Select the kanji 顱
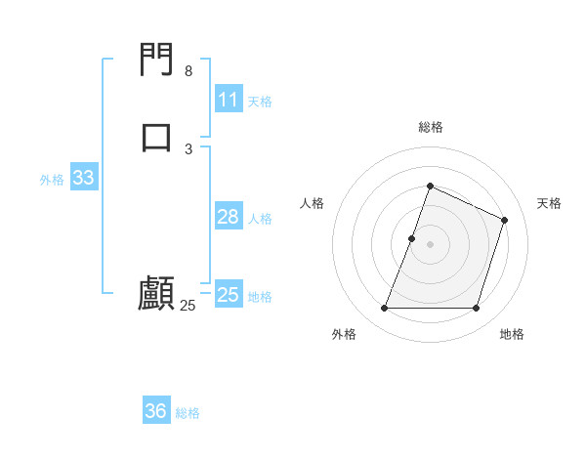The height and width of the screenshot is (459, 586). click(156, 293)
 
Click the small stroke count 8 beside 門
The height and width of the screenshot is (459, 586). click(188, 71)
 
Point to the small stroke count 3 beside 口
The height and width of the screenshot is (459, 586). click(188, 148)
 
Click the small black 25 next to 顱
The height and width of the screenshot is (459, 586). click(188, 306)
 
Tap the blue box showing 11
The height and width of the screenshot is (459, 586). click(228, 100)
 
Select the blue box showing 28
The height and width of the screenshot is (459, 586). click(228, 217)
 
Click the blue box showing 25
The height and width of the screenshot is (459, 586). click(229, 294)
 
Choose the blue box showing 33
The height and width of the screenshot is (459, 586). click(83, 178)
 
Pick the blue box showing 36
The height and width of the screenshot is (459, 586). click(155, 411)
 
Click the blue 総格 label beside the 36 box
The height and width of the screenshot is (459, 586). click(188, 413)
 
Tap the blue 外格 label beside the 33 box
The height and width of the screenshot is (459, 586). click(52, 180)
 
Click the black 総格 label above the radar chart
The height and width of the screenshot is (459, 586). click(430, 127)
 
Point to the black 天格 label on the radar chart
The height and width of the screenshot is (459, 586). click(549, 203)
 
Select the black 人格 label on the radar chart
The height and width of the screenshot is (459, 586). click(312, 203)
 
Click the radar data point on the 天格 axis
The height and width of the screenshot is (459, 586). click(505, 220)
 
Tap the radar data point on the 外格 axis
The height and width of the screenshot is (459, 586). click(384, 309)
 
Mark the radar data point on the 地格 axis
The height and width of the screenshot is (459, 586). click(476, 309)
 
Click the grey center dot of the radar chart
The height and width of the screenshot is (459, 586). click(430, 244)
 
